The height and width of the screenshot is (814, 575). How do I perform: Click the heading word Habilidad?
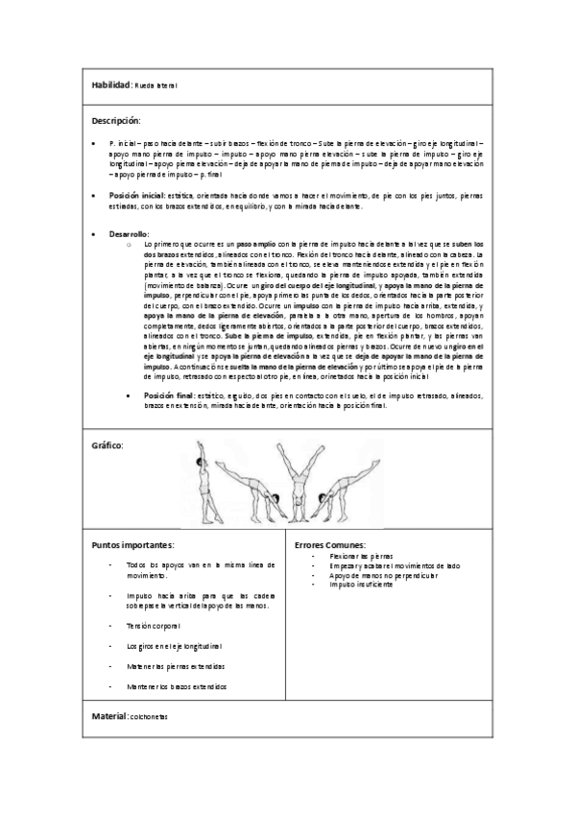pos(109,85)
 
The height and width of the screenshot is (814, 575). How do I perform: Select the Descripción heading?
pos(116,121)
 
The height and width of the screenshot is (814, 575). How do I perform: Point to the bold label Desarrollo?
pos(129,234)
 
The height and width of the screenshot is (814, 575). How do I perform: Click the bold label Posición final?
pos(168,394)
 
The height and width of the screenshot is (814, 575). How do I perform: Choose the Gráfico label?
pos(107,446)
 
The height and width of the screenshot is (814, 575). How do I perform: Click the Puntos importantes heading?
pos(132,545)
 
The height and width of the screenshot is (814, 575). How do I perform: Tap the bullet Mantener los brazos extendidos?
pos(177,687)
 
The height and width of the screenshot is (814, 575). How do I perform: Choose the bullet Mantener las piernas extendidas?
pos(176,666)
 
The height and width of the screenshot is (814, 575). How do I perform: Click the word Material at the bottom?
pos(108,716)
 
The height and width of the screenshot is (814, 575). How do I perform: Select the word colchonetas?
pos(147,717)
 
